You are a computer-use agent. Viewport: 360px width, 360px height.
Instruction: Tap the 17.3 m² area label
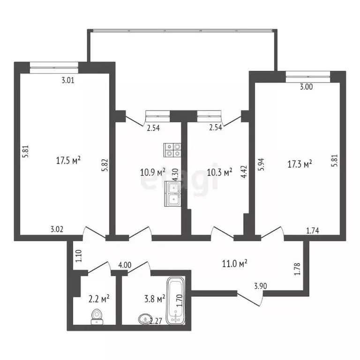pos(300,164)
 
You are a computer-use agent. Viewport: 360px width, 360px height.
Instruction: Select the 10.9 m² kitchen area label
pos(152,172)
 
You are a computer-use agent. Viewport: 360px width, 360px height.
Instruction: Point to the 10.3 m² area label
pos(219,172)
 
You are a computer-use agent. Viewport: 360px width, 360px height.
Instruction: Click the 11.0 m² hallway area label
pos(234,263)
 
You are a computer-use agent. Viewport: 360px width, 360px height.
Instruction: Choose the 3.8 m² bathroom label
pos(154,298)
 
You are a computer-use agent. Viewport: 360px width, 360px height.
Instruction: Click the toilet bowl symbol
pos(97,317)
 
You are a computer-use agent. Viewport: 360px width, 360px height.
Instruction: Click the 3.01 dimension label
pos(68,80)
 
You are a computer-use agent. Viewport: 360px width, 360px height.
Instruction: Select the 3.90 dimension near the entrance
pos(261,286)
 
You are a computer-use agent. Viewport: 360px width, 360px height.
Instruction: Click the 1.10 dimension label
pos(79,255)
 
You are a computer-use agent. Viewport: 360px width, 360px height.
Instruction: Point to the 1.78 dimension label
pos(297,269)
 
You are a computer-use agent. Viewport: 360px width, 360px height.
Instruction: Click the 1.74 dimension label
pos(313,230)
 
